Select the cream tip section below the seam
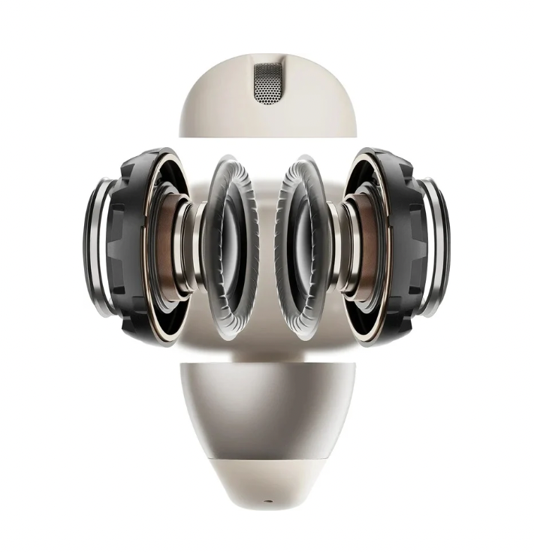(267, 488)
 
